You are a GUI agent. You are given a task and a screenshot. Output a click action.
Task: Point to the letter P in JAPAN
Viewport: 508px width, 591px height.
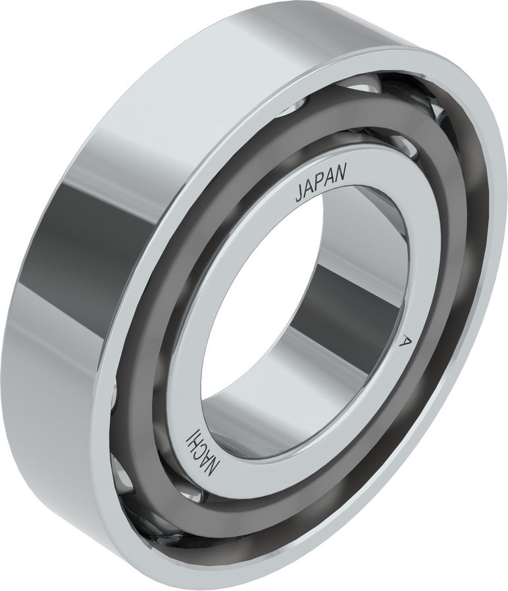321,184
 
